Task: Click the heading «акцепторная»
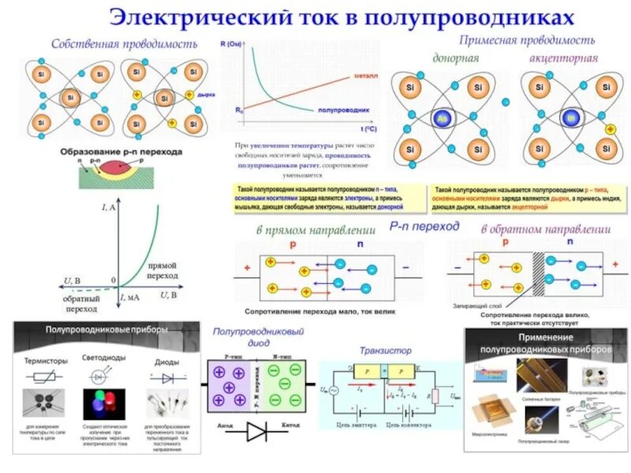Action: tap(562, 58)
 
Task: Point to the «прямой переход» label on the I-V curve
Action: tap(162, 271)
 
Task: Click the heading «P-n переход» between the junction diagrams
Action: tap(424, 226)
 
